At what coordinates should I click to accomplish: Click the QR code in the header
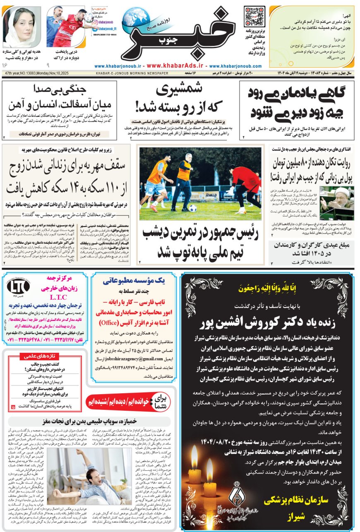(254, 16)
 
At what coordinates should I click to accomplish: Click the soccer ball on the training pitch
(193, 208)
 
